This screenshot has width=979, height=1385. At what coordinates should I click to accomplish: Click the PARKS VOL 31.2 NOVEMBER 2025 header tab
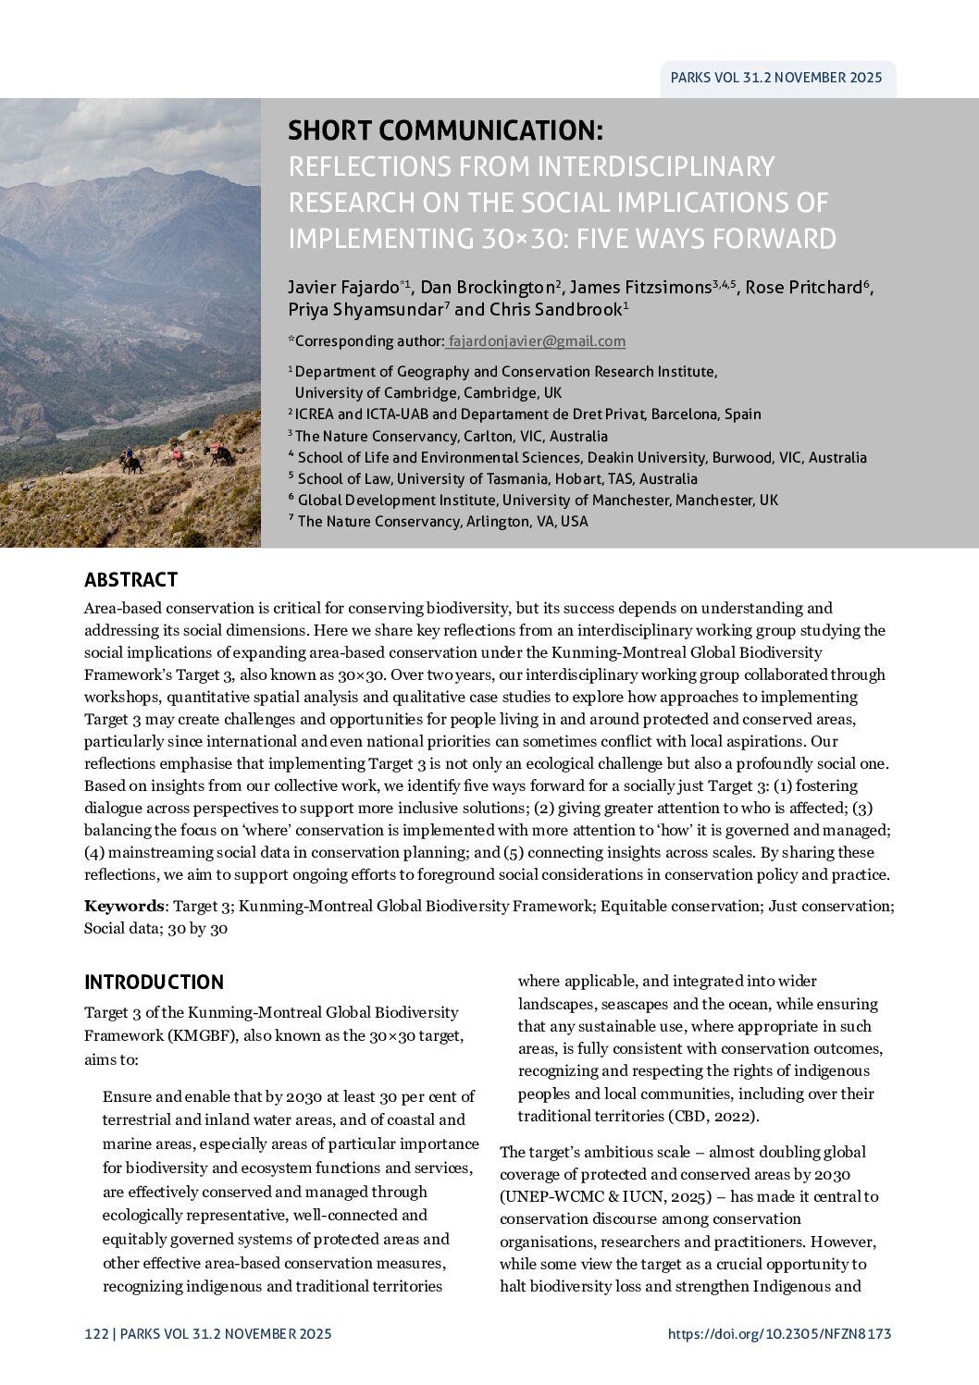[x=776, y=79]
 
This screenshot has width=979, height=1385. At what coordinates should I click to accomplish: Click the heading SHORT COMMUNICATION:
[x=445, y=130]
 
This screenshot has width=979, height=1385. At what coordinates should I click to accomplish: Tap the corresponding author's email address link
[x=537, y=341]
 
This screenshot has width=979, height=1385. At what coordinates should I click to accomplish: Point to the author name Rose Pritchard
[x=803, y=288]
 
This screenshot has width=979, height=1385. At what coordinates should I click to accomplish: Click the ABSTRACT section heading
[x=130, y=580]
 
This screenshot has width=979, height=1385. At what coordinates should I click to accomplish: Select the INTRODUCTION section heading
[x=154, y=983]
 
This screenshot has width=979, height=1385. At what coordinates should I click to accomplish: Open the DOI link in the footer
[x=778, y=1334]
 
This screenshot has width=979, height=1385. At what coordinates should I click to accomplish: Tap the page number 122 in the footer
[x=95, y=1334]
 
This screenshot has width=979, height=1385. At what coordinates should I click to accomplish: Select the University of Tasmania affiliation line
[x=497, y=479]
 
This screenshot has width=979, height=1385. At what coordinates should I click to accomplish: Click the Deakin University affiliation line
[x=582, y=458]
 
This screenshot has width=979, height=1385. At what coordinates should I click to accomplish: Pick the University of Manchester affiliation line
[x=538, y=501]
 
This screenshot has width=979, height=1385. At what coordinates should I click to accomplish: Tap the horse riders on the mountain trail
[x=176, y=456]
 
